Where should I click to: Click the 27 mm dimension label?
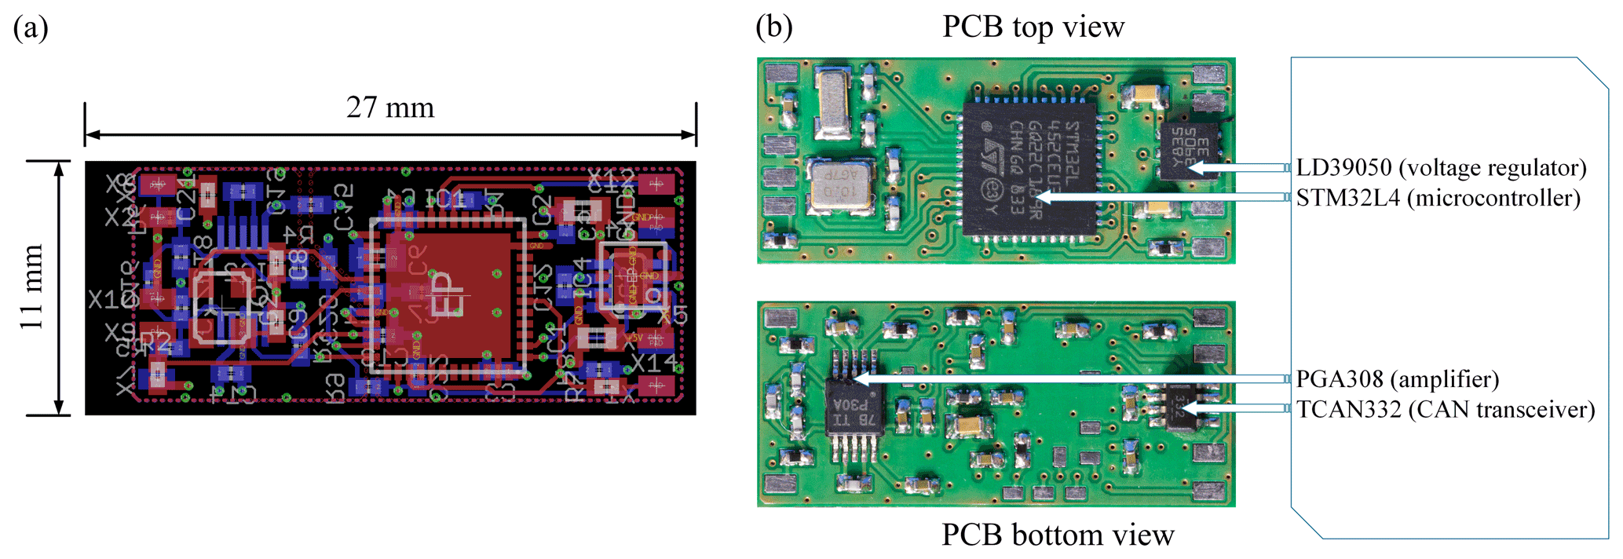[389, 108]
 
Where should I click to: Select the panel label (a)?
[31, 28]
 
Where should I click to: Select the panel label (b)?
[773, 28]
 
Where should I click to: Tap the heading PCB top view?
[1033, 27]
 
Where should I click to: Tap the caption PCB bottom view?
[1057, 535]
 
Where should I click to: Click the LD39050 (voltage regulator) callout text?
[1441, 167]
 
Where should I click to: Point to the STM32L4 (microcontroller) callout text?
[1438, 198]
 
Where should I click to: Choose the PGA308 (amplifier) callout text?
[1397, 379]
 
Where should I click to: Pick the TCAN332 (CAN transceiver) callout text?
[1445, 410]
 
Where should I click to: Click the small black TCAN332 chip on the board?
[1183, 407]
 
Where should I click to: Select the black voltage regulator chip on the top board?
[1190, 149]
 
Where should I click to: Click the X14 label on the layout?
[653, 364]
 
